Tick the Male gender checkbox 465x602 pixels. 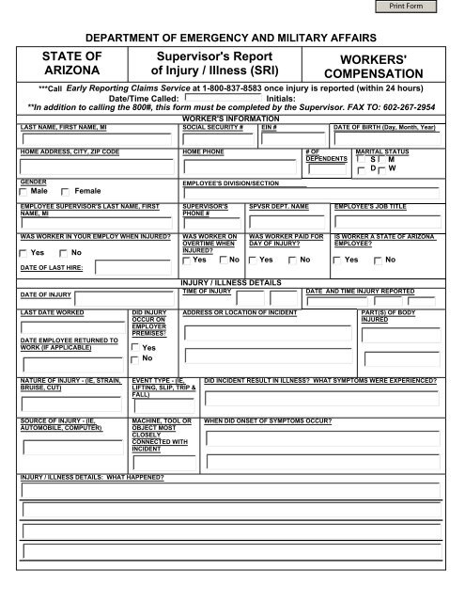[x=23, y=191]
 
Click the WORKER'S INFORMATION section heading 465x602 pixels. [x=232, y=117]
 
